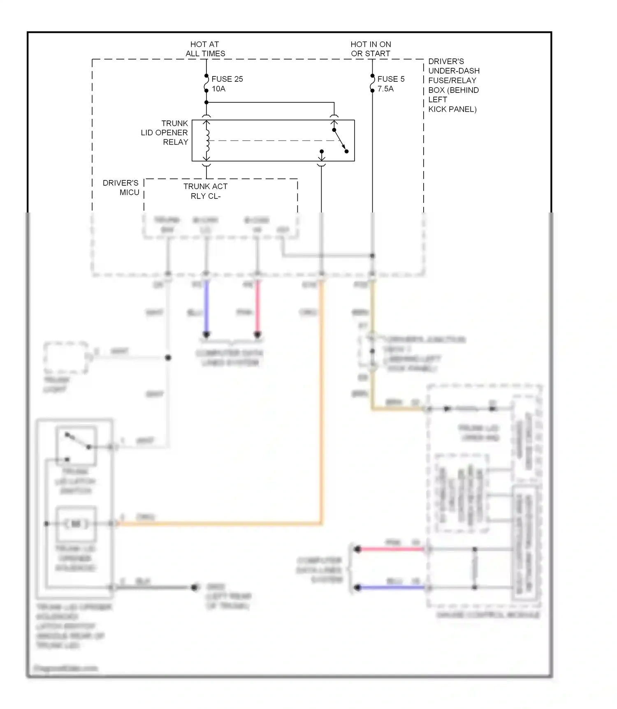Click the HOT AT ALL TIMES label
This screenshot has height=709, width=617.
(x=205, y=49)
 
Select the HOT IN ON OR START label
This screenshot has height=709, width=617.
(x=371, y=49)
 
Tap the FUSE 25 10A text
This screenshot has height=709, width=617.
(x=227, y=84)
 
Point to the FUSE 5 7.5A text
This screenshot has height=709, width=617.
(x=390, y=84)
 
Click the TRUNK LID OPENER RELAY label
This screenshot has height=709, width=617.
(x=165, y=132)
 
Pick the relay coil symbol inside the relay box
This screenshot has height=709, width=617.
(x=207, y=140)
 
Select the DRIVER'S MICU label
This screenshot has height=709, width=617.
(x=121, y=187)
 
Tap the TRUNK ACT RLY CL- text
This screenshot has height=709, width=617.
(x=205, y=191)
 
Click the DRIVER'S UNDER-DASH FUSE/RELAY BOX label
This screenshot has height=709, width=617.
(x=453, y=85)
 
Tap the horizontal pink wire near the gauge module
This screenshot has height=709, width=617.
(x=391, y=549)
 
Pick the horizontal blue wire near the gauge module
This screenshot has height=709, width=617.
(x=391, y=588)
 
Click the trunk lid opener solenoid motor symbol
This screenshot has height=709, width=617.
(x=76, y=524)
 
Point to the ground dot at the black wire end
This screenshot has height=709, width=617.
(x=194, y=588)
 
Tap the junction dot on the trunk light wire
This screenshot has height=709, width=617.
(x=168, y=358)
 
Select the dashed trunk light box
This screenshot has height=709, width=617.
(x=66, y=358)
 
